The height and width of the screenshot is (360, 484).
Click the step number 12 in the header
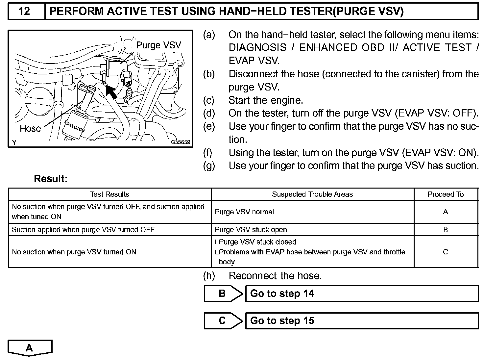(x=24, y=12)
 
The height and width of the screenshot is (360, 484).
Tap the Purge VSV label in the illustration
(x=158, y=45)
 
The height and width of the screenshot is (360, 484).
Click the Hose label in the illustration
(x=30, y=128)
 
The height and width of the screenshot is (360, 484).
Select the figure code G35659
(x=180, y=142)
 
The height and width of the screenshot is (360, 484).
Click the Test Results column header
(x=109, y=194)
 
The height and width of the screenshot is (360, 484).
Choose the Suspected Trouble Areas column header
(x=312, y=194)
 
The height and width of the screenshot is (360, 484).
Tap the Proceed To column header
(x=446, y=194)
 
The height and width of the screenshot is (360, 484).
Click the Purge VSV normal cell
(x=244, y=212)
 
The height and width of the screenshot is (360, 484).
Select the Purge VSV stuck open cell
(x=251, y=230)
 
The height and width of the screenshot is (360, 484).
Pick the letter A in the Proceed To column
(x=446, y=212)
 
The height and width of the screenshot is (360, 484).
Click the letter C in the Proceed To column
(x=446, y=252)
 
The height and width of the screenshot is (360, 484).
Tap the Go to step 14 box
(x=362, y=294)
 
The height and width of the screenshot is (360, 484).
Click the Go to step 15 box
(x=362, y=321)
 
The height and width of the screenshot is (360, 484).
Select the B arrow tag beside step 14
(x=223, y=294)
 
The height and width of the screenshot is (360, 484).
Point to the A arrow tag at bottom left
(x=30, y=348)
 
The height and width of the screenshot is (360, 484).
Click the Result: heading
(x=51, y=179)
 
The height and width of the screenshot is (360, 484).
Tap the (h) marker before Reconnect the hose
(x=209, y=276)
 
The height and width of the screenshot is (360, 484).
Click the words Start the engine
(x=266, y=100)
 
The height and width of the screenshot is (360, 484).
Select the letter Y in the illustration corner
(x=14, y=142)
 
